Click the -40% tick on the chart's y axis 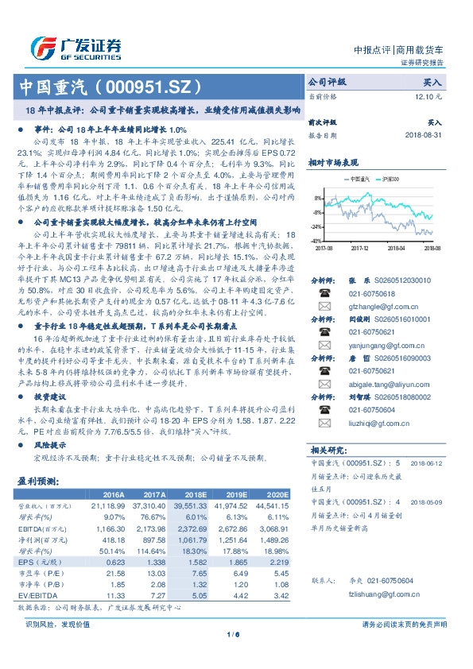pyautogui.click(x=316, y=240)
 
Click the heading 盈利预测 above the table pyautogui.click(x=37, y=481)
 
